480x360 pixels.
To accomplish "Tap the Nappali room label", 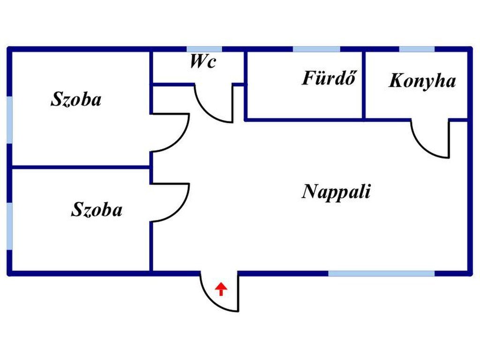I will pos(336,192).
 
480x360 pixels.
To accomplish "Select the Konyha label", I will pos(422,81).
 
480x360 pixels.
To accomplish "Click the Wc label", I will pos(202,61).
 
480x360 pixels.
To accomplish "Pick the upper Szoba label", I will pos(76,99).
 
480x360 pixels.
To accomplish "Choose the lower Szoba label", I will pos(97,210).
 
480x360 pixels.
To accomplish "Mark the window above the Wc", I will pos(204,49).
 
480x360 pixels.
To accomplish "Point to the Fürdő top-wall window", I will pos(316,49).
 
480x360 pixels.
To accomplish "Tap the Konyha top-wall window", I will pos(417,49).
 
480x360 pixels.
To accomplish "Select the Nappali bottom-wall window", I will pos(381,273).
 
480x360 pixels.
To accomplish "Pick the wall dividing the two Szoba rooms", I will pos(80,166).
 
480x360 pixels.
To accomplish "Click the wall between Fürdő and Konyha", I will pos(364,84).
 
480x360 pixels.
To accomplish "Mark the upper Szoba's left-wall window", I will pos(9,120).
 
